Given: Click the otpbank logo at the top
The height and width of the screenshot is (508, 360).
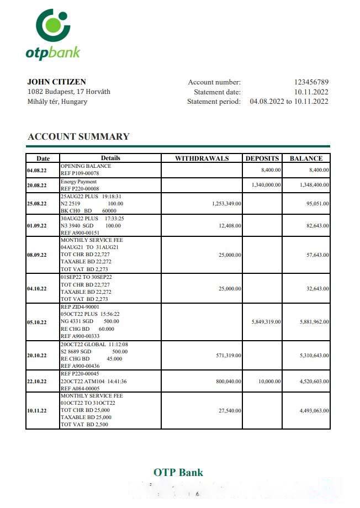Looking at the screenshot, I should point(53,34).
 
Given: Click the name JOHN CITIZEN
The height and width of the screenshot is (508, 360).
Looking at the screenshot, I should point(56,82).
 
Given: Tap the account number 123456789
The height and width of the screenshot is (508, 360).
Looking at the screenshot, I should point(311,82).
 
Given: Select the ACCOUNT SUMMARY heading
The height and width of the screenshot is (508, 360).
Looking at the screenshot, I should point(78,136).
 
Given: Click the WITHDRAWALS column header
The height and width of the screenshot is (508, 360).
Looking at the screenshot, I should point(202,158).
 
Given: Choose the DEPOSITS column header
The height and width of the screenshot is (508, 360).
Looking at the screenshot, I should point(262,158).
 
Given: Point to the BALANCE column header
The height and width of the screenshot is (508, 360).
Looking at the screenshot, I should point(306,158).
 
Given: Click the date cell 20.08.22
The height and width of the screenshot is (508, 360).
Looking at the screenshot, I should point(36,186).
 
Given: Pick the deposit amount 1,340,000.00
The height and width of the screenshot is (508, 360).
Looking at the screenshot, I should point(266,185).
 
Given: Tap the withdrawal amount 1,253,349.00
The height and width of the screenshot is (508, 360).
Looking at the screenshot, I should point(226,204).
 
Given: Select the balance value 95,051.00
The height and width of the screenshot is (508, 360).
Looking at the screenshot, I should point(316,204).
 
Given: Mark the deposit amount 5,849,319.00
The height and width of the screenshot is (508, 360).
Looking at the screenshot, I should point(266,322).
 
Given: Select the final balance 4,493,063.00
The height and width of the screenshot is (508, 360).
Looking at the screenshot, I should point(314,410).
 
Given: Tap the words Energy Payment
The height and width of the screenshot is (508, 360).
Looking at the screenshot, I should point(78,182).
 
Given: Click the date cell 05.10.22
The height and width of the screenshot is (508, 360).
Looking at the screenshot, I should point(36,322).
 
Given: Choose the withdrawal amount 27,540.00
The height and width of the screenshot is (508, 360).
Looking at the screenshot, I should point(229,410).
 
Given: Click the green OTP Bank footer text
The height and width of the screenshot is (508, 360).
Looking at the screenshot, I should point(178,472).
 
